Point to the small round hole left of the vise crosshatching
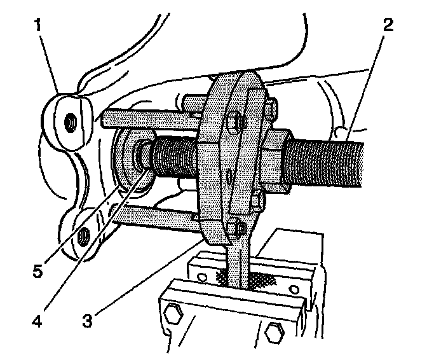point(201,275)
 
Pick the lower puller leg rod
point(159,219)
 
